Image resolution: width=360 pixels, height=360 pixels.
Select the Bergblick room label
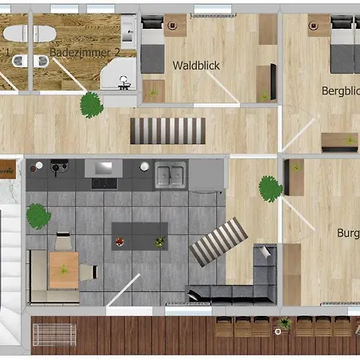pyautogui.click(x=340, y=90)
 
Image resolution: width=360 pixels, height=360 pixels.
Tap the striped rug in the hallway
pyautogui.click(x=168, y=129)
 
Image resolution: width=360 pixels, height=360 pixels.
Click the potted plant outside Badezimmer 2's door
pyautogui.click(x=91, y=103)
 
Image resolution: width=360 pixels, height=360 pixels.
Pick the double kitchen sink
pyautogui.click(x=170, y=174)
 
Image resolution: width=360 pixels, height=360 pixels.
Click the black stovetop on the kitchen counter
pyautogui.click(x=105, y=182)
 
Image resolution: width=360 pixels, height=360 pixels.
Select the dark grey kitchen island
pyautogui.click(x=139, y=234)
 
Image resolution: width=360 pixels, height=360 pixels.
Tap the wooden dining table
pyautogui.click(x=64, y=269)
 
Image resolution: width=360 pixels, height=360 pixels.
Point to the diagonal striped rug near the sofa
pyautogui.click(x=218, y=242)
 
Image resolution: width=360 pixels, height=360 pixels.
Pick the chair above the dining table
pyautogui.click(x=64, y=240)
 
